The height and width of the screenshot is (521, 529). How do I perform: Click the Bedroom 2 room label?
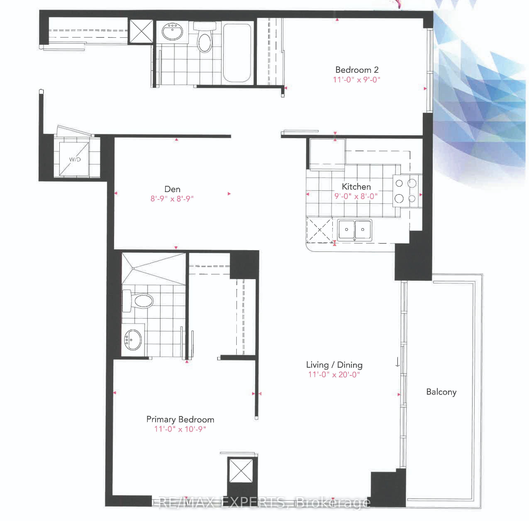point(357,70)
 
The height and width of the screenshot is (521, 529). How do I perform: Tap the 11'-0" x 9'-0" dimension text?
point(356,80)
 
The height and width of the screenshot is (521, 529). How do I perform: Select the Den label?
point(172,189)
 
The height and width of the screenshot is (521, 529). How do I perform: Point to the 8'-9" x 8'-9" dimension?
point(172,199)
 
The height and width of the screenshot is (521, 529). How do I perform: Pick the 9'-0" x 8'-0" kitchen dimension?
point(356,196)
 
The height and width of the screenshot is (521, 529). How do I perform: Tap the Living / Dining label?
point(334,365)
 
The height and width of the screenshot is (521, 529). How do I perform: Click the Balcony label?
point(441,392)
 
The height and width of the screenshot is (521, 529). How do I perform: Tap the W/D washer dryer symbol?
point(74,159)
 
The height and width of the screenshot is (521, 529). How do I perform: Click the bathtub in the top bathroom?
point(237,53)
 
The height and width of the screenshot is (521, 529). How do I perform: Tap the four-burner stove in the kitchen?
point(406,191)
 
